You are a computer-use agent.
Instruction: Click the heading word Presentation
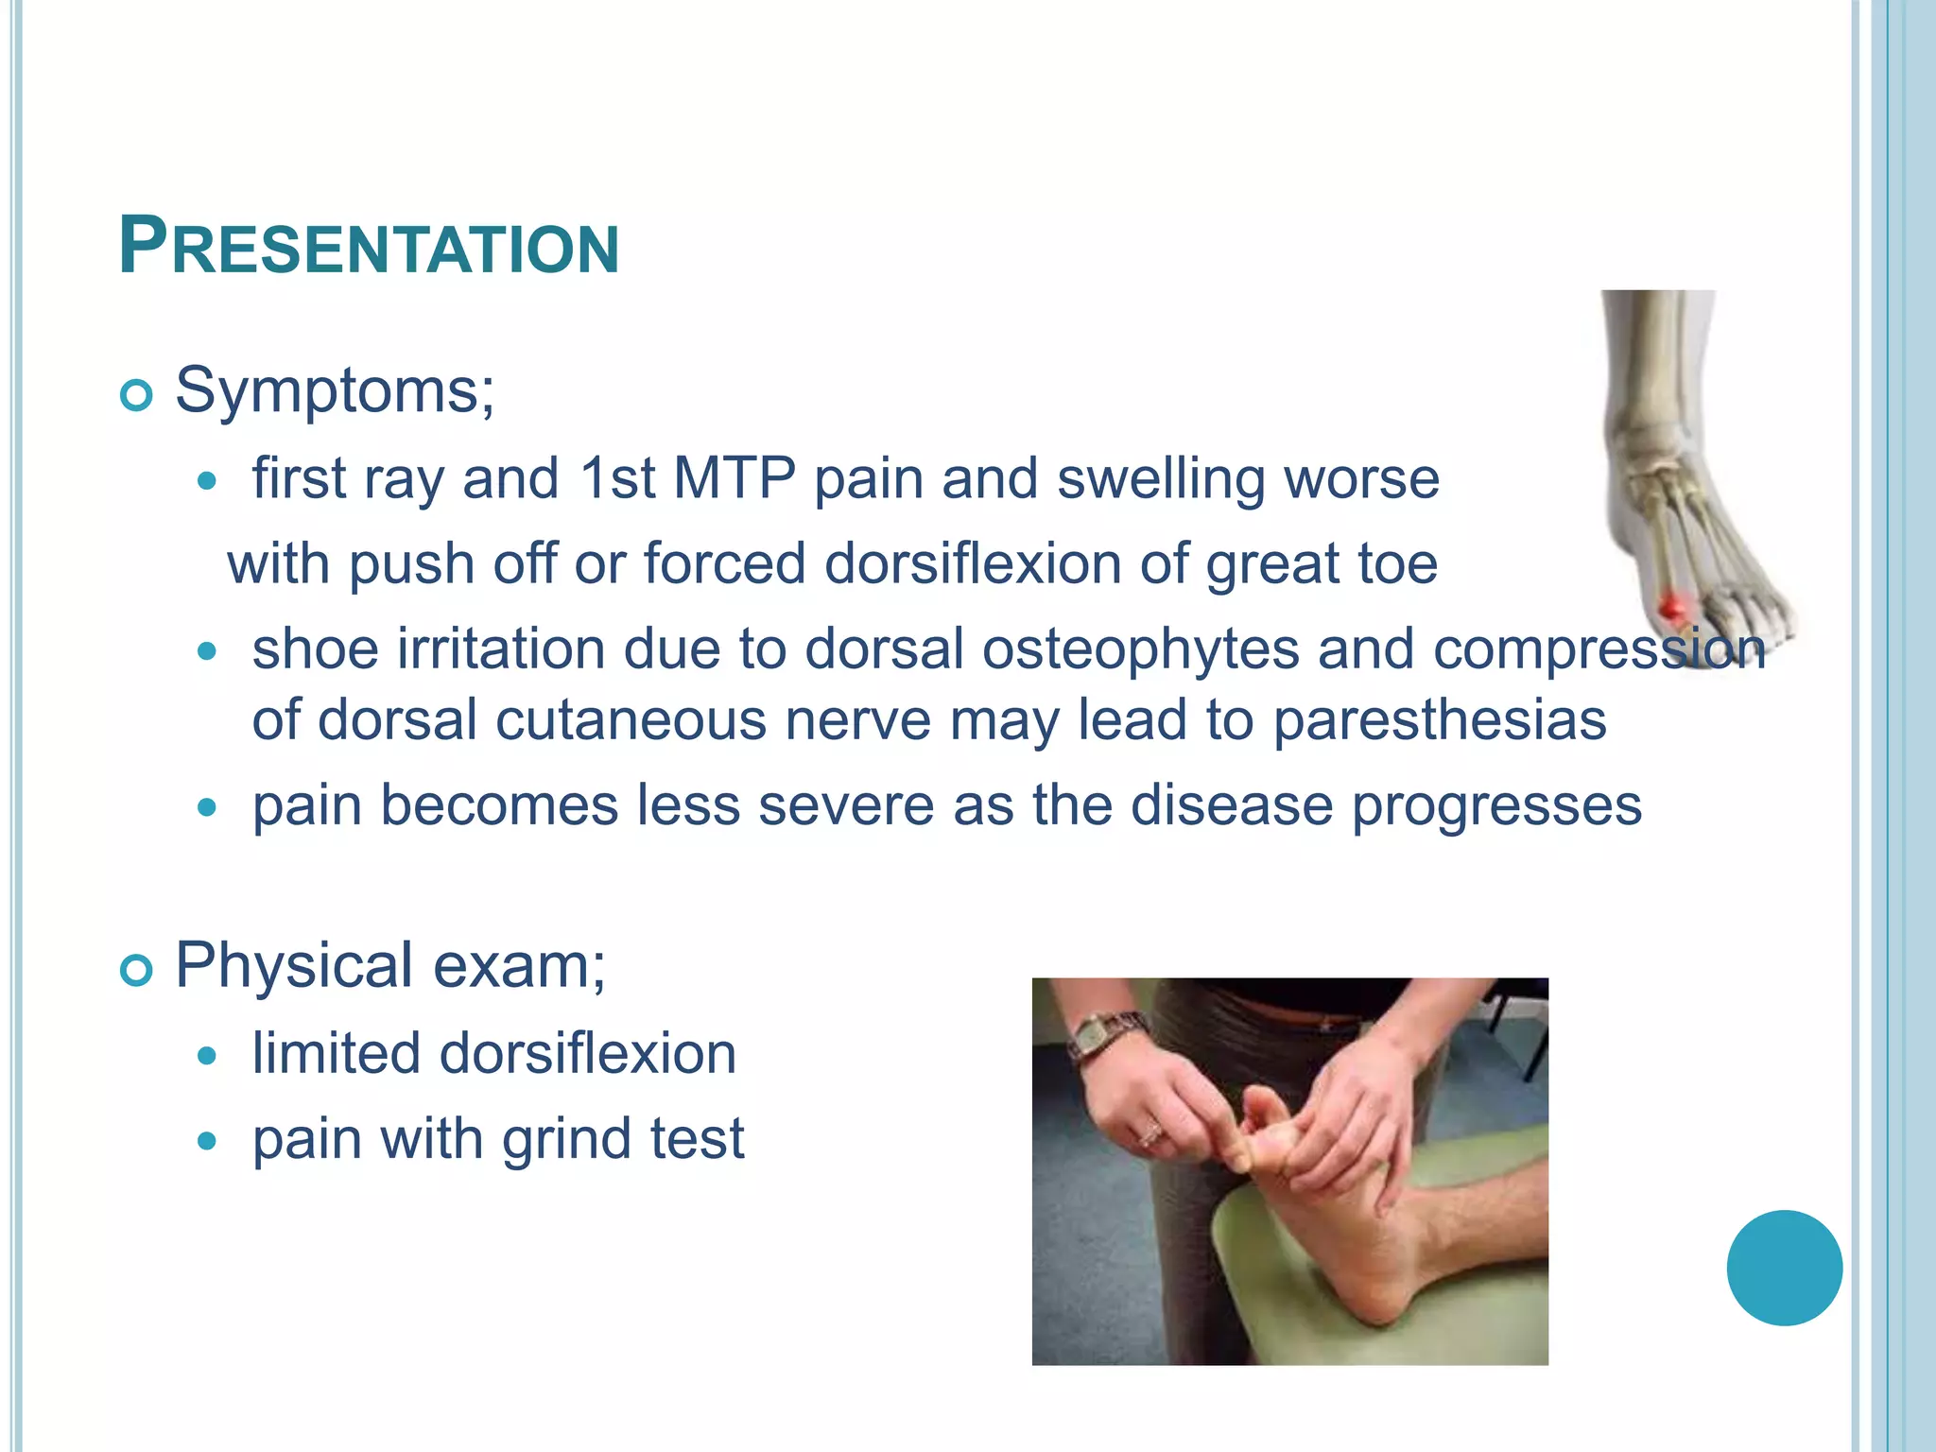(x=369, y=248)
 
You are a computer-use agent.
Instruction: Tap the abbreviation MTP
(x=734, y=478)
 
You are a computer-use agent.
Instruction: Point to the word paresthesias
(x=1439, y=720)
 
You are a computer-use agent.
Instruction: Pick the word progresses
(x=1496, y=806)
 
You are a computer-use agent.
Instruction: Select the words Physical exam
(x=389, y=966)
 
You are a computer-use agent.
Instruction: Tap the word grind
(x=555, y=1139)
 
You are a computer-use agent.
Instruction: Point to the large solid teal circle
(x=1784, y=1268)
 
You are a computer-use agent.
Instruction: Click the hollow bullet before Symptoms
(x=137, y=395)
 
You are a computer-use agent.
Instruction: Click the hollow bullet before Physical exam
(x=137, y=971)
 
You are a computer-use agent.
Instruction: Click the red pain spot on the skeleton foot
(x=1673, y=606)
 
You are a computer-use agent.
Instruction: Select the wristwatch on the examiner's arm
(x=1097, y=1036)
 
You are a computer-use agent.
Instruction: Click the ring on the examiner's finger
(x=1150, y=1132)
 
